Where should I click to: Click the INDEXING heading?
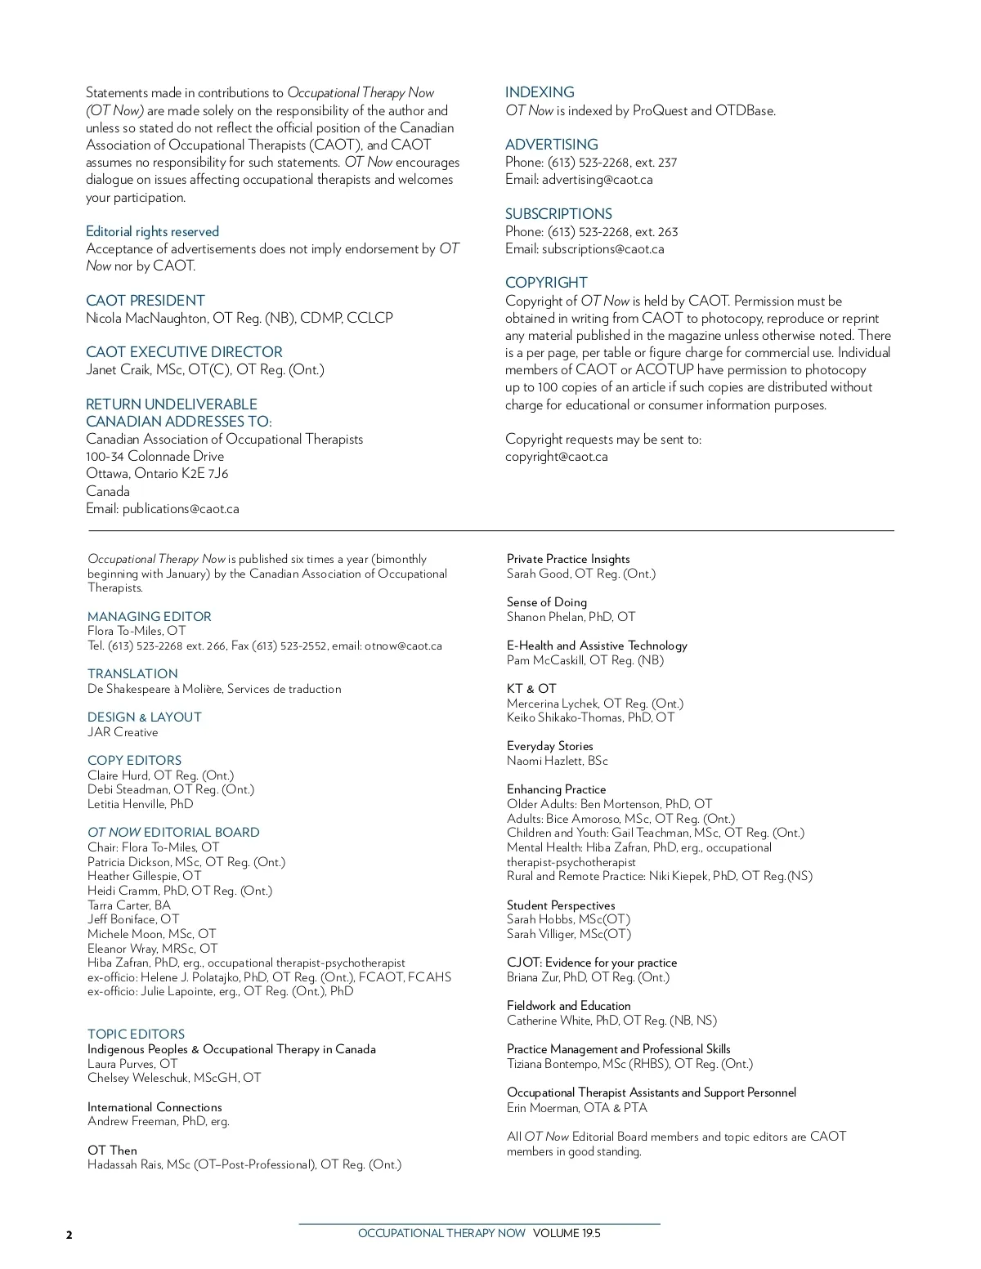pyautogui.click(x=540, y=92)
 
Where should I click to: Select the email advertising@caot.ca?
pyautogui.click(x=597, y=180)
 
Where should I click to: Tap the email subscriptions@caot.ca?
pyautogui.click(x=602, y=249)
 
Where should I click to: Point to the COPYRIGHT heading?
pyautogui.click(x=546, y=283)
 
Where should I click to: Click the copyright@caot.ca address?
pyautogui.click(x=556, y=457)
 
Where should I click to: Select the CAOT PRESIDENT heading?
pyautogui.click(x=146, y=301)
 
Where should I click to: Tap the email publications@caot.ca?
pyautogui.click(x=181, y=509)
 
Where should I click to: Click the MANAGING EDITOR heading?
pyautogui.click(x=150, y=617)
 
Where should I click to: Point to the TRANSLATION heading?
pyautogui.click(x=132, y=674)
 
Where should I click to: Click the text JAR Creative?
pyautogui.click(x=123, y=732)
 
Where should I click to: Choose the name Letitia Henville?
pyautogui.click(x=127, y=804)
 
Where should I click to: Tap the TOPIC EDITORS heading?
pyautogui.click(x=136, y=1034)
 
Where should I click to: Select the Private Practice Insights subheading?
pyautogui.click(x=568, y=559)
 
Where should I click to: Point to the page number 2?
pyautogui.click(x=69, y=1235)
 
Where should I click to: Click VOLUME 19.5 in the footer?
pyautogui.click(x=567, y=1234)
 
